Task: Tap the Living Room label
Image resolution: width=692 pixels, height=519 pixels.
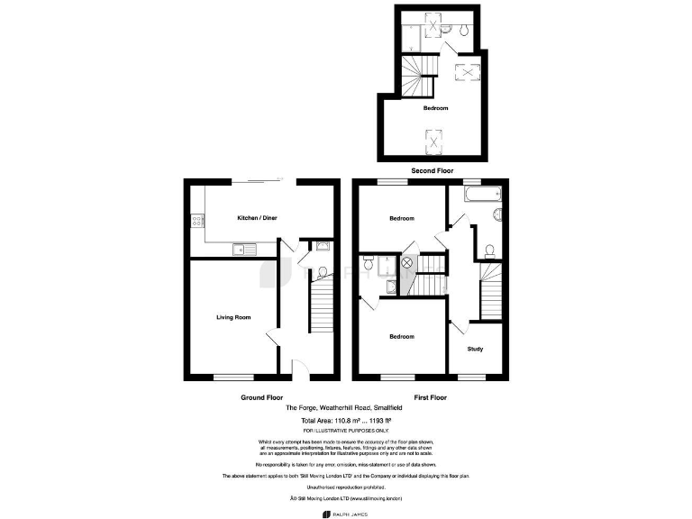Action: [x=232, y=317]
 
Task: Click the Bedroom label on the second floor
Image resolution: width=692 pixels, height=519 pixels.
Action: [x=436, y=108]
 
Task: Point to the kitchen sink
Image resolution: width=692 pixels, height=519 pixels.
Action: [x=244, y=249]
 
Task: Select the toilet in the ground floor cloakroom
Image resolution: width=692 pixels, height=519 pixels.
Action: [x=322, y=272]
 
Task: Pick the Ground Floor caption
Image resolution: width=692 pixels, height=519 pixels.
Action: [x=261, y=397]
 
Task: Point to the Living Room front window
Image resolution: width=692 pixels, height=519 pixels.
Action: [x=232, y=375]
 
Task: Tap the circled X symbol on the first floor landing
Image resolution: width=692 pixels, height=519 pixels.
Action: [x=406, y=262]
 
